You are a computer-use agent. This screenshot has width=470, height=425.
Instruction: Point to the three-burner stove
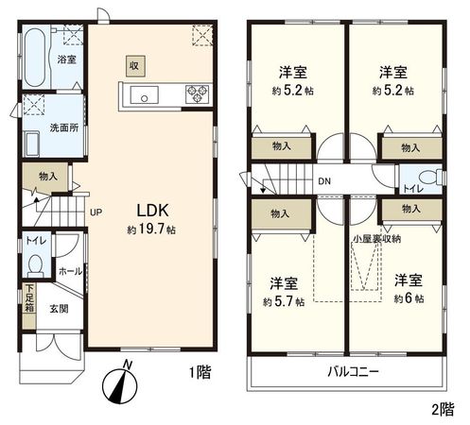click(198, 93)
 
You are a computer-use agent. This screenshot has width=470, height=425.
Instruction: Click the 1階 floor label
click(199, 373)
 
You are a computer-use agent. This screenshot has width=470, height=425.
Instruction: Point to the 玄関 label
click(60, 306)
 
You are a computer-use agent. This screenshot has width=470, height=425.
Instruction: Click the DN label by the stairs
click(323, 181)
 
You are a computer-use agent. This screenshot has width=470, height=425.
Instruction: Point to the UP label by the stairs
click(96, 212)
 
